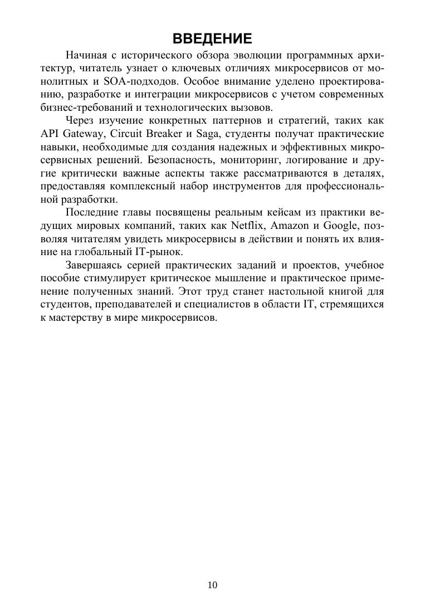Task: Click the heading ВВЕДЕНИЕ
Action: tap(212, 38)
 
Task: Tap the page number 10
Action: tap(212, 584)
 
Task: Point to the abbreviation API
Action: tap(50, 134)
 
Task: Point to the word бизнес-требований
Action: tap(84, 108)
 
